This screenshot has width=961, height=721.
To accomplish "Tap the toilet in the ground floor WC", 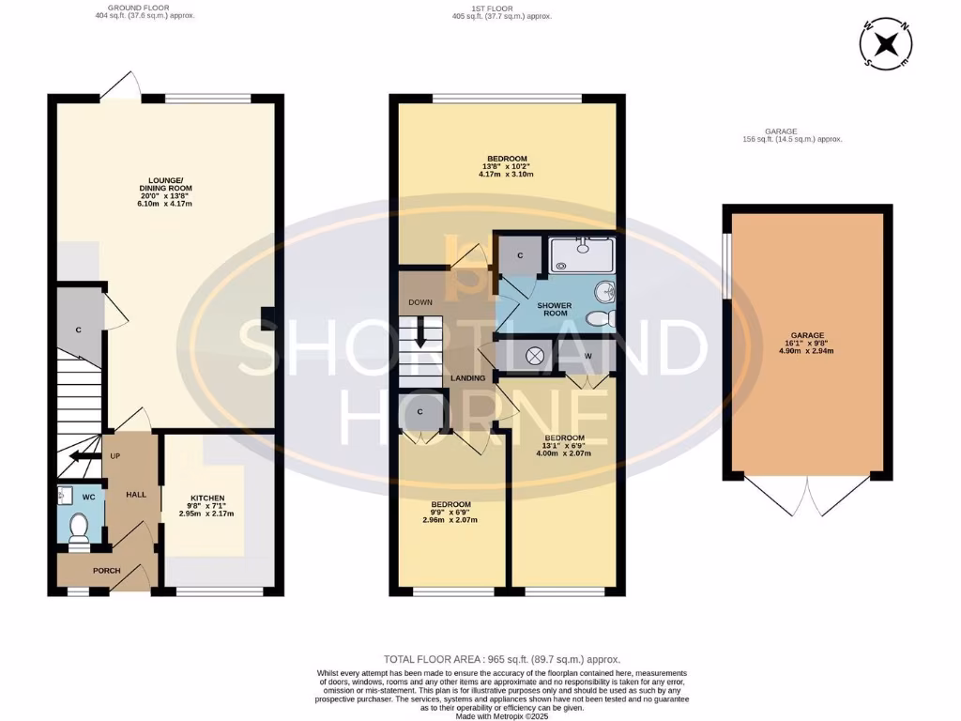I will click(x=78, y=528).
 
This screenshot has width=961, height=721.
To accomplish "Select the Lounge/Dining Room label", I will click(x=164, y=185).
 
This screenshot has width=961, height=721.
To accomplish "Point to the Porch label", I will click(x=105, y=571).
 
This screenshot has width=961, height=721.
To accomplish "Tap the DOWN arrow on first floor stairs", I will click(x=421, y=334).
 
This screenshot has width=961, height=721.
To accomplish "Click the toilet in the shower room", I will click(x=599, y=320).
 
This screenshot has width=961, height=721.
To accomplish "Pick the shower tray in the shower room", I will click(x=580, y=253).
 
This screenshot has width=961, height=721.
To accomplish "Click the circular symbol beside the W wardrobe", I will click(x=536, y=356).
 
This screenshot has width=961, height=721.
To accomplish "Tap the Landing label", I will click(x=468, y=378).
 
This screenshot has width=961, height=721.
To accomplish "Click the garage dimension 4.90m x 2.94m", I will click(x=806, y=351).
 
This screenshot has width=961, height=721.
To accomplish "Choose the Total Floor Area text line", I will click(x=502, y=660).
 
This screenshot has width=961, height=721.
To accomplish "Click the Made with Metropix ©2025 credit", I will click(x=502, y=716).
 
